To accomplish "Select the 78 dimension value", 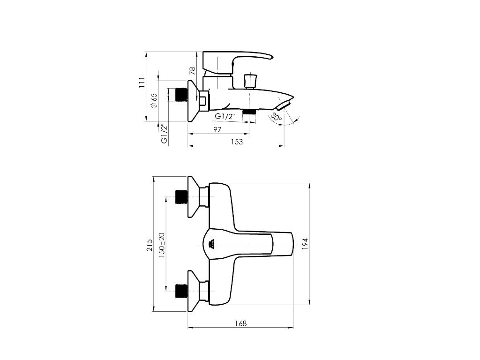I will pos(192,71).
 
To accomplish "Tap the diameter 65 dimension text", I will pos(154,100).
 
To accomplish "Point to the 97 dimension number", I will pos(217,129).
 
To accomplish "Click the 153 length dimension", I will pos(237,142).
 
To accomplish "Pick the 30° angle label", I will pos(276,117).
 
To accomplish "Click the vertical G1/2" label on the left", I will pos(165,134).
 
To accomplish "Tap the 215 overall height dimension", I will pos(150,245).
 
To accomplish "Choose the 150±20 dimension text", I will pos(162,243).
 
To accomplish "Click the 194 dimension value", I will pos(305,243).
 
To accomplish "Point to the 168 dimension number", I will pos(240,323).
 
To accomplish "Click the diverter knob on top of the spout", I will pos(250,80).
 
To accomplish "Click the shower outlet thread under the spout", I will pos(249,112).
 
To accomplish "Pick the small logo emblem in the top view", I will pos(211,244).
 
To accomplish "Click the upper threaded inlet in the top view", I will pos(181,196).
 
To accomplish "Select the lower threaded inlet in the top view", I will pos(181,291).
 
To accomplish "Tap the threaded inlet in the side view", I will pos(180,94).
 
